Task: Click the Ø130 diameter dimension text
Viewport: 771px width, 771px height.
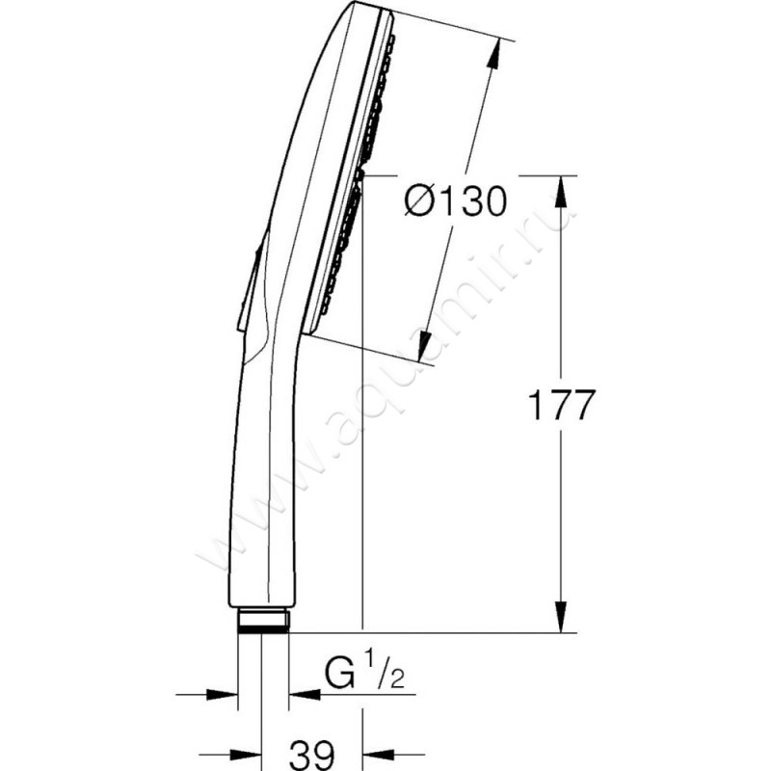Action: tap(455, 200)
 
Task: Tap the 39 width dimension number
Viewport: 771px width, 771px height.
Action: tap(311, 755)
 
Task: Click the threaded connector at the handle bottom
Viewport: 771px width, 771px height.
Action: tap(263, 621)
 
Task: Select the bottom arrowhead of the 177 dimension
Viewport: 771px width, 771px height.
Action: tap(561, 617)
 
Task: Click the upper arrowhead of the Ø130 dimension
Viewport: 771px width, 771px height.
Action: tap(493, 52)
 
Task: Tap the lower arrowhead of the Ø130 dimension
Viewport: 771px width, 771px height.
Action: tap(424, 347)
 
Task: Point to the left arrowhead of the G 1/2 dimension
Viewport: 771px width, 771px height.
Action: tap(223, 695)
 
